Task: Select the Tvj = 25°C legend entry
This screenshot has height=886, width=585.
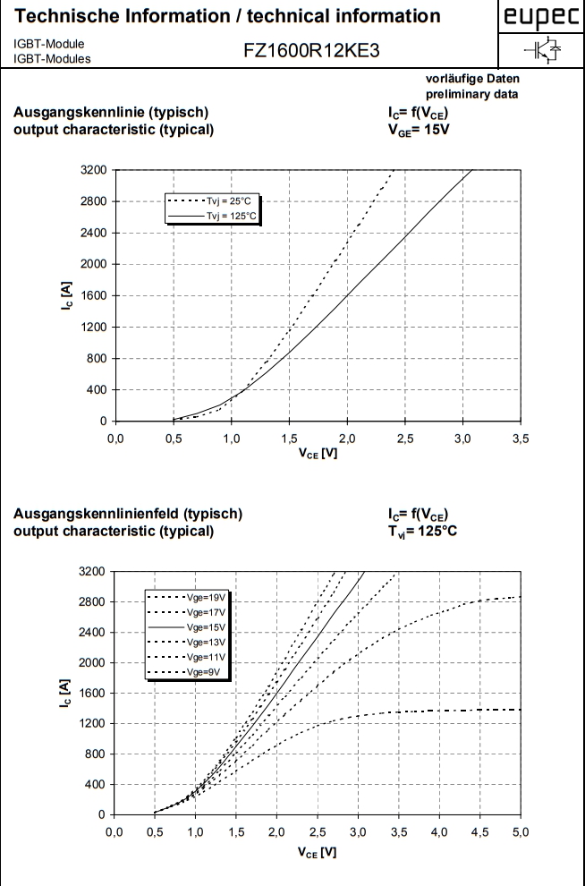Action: (216, 202)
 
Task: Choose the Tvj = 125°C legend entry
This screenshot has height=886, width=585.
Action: (216, 216)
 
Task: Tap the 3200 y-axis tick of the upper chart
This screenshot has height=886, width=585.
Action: (93, 170)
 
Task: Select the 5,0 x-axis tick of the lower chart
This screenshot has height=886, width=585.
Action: (520, 833)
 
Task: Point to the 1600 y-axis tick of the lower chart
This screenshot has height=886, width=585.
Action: (93, 694)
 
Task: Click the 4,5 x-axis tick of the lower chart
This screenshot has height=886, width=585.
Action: (479, 833)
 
